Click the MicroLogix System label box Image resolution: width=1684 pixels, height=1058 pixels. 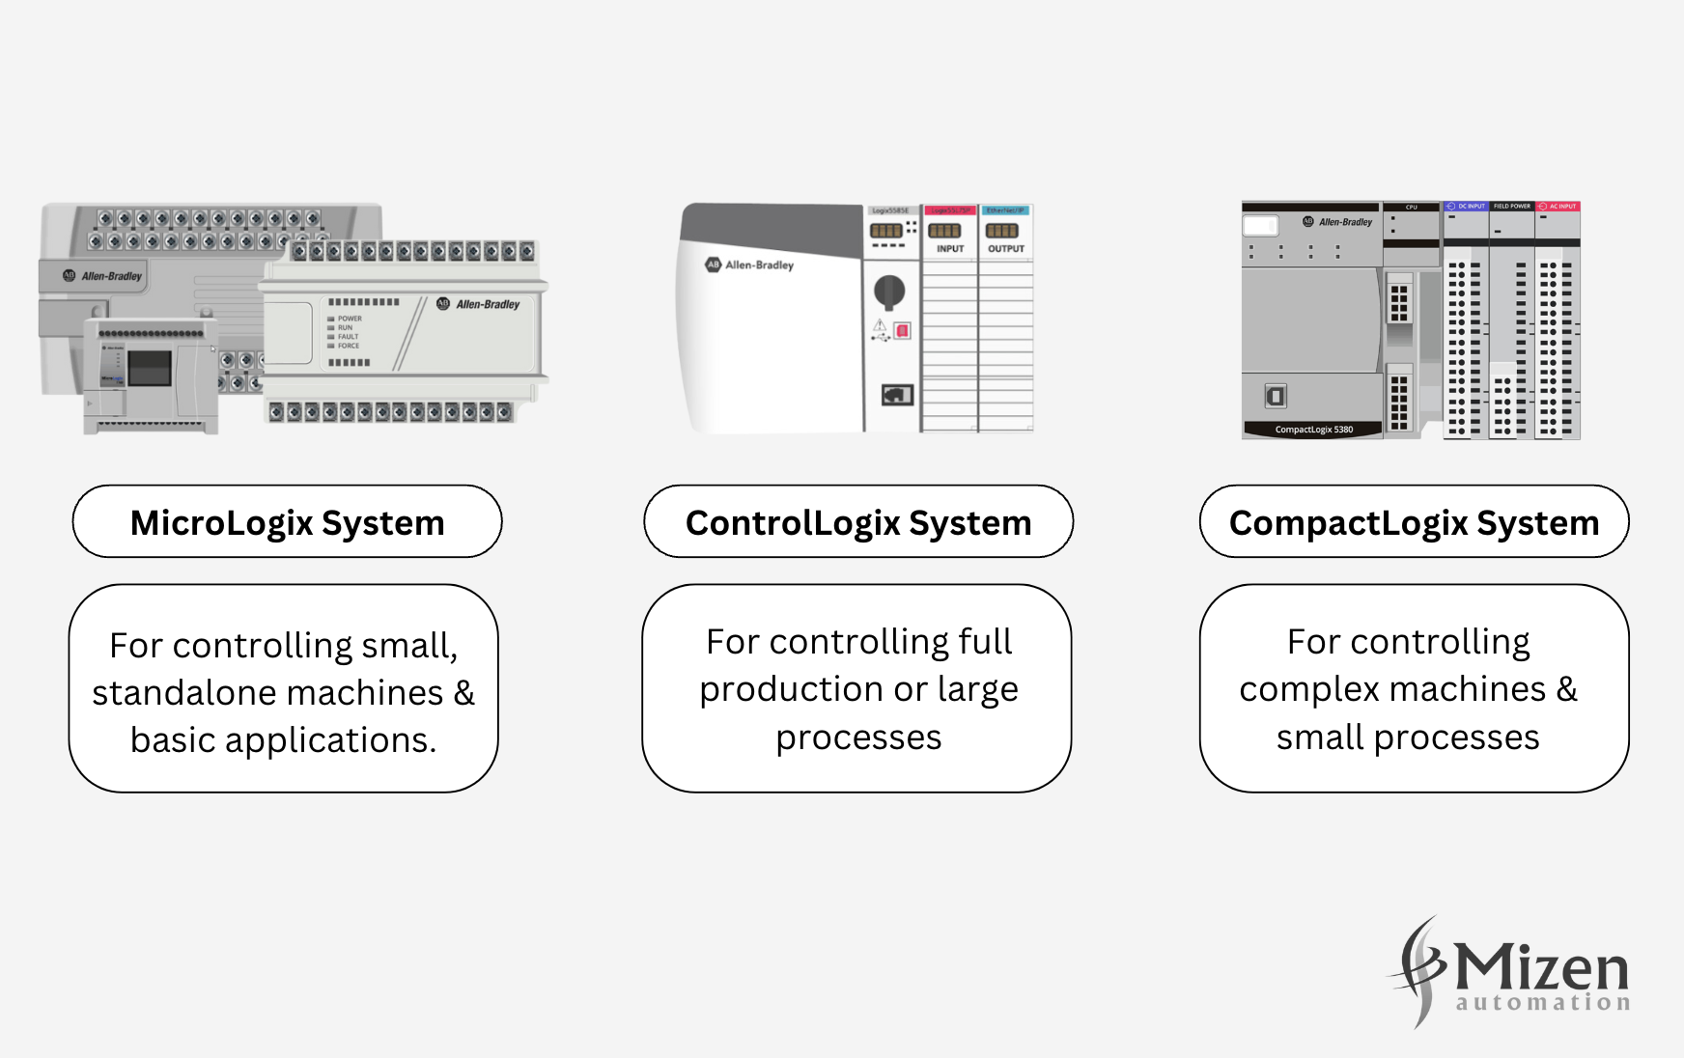287,522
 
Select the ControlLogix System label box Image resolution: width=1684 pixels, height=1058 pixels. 857,522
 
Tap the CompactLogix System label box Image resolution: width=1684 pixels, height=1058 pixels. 1414,522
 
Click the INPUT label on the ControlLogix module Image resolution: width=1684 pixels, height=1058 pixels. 950,249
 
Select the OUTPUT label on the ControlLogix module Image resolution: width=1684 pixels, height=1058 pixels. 1006,249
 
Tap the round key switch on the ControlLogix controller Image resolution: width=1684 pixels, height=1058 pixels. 889,290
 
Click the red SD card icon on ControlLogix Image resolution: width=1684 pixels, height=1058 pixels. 902,331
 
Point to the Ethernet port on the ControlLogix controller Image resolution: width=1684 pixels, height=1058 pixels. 897,395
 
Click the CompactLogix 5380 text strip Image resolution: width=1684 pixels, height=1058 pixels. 1313,430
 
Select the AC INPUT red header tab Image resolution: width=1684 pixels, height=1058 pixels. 1558,207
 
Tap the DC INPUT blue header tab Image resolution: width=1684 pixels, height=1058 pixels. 1466,207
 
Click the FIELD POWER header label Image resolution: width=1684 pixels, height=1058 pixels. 1511,207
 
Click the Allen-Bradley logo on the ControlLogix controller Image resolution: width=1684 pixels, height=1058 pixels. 750,264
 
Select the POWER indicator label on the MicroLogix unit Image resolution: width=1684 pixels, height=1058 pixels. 349,319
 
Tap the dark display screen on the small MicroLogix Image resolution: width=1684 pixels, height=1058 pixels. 150,368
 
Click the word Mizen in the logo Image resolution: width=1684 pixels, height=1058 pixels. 1541,966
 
